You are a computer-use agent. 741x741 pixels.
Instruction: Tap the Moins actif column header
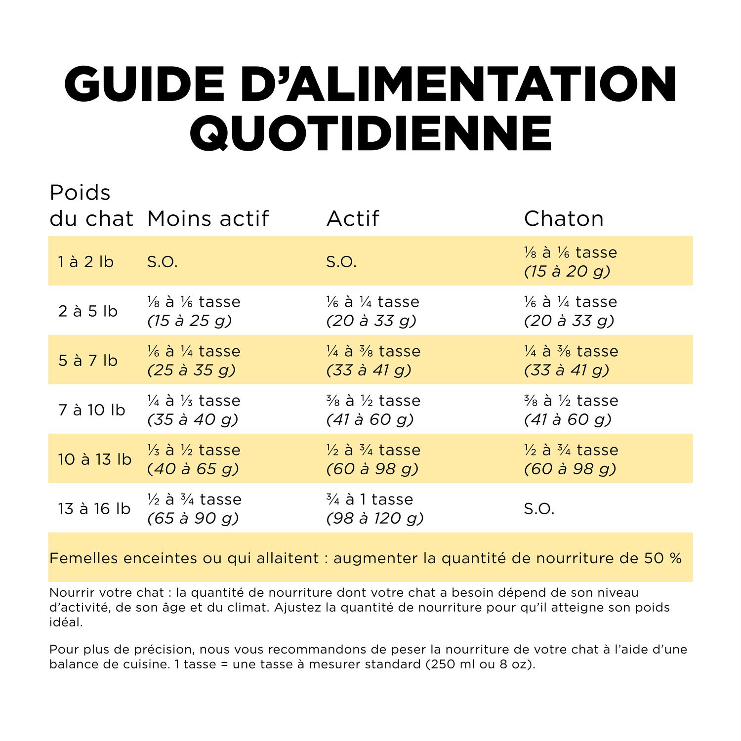208,218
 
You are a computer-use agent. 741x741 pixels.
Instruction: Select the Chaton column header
564,218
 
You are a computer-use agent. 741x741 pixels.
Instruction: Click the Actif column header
353,218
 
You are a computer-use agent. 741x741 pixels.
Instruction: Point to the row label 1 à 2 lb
86,261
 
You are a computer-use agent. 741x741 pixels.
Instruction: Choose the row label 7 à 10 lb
92,410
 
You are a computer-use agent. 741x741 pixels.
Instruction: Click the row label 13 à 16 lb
94,508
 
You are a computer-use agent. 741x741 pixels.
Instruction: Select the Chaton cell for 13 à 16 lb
539,508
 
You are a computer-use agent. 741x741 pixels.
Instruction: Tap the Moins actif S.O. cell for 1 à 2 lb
162,261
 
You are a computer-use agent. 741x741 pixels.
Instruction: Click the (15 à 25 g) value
190,321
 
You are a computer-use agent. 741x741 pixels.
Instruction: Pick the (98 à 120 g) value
375,518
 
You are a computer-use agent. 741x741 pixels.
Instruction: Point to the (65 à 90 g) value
193,518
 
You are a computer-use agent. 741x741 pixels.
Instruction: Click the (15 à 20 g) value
567,271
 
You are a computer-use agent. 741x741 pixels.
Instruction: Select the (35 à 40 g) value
193,419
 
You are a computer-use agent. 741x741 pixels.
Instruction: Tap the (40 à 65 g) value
193,469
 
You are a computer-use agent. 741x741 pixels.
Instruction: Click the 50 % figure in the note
662,558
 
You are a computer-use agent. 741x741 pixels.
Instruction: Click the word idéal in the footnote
66,622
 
